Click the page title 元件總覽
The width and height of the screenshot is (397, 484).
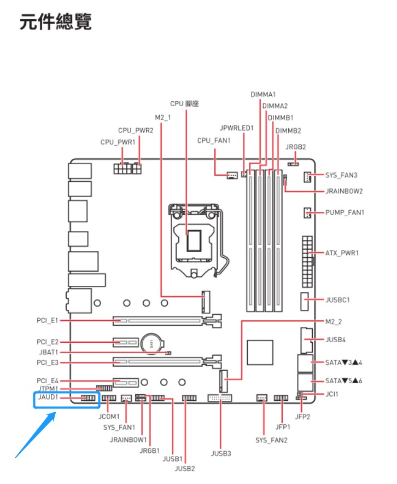(56, 22)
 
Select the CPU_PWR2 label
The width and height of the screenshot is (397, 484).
(135, 130)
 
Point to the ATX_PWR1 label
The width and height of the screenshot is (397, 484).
(342, 253)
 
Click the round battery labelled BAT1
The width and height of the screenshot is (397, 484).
(151, 343)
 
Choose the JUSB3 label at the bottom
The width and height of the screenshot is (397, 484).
(221, 453)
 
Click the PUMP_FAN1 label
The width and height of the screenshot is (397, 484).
(345, 212)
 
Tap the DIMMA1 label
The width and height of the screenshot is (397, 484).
(263, 95)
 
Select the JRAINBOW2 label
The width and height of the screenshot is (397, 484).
(344, 191)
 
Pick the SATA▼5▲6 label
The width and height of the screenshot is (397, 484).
(343, 381)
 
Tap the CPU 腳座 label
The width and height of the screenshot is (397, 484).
(184, 103)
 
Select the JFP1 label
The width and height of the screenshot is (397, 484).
(283, 426)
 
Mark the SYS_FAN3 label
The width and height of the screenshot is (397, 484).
(341, 175)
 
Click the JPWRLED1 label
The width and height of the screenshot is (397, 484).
(237, 128)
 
